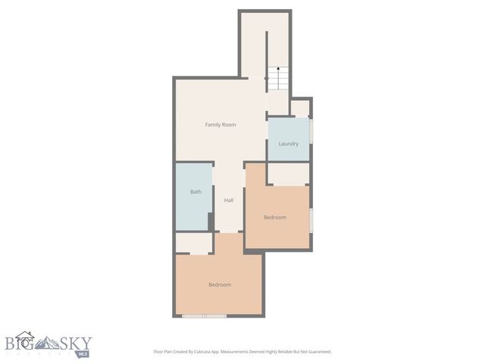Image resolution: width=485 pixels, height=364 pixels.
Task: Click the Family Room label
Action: pos(221,124)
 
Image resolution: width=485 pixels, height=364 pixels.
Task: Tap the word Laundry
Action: pos(288,143)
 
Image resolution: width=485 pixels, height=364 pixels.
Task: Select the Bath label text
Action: pos(196,192)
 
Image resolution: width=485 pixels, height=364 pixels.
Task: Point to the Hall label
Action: pos(228,200)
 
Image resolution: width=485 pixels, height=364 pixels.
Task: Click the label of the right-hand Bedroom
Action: pos(275,218)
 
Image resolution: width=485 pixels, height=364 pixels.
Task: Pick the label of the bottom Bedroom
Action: pos(220,284)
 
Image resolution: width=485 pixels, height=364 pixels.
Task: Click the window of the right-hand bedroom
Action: pos(311,220)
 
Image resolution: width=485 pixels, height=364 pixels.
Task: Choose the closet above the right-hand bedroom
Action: pos(288,174)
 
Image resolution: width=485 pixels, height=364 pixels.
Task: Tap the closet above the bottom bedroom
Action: pos(194,243)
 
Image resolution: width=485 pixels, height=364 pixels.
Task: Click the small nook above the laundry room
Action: pos(301,108)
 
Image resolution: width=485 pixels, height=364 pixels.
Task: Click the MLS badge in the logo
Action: pos(82,353)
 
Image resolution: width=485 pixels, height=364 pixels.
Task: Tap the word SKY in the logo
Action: pos(77,342)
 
